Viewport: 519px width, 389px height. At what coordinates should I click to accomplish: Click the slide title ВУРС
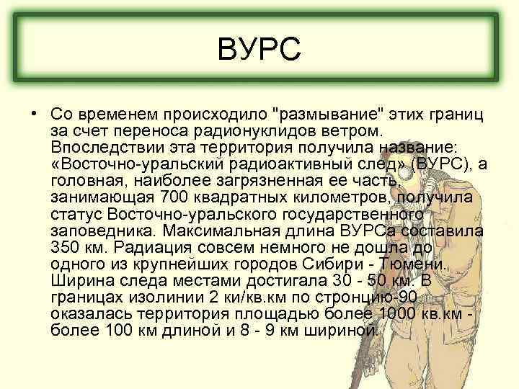click(259, 53)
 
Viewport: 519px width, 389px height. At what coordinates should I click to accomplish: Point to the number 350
click(68, 246)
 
